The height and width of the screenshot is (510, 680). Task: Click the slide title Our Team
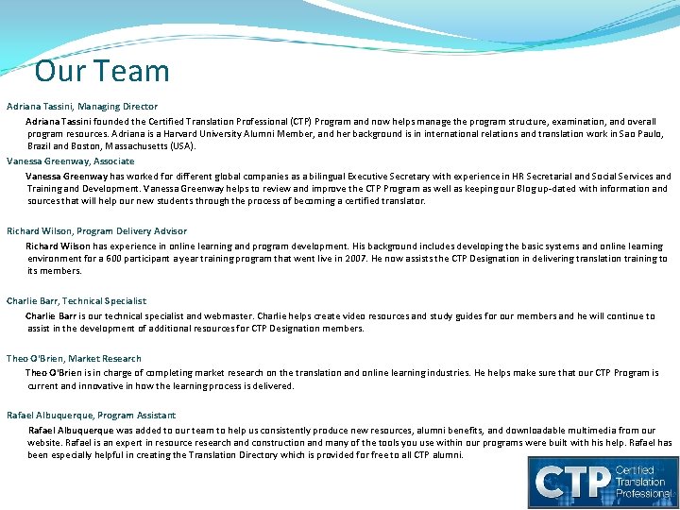coord(102,72)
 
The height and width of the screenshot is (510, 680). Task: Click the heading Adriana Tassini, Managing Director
coord(82,107)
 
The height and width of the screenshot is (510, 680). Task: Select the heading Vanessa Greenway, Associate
coord(71,161)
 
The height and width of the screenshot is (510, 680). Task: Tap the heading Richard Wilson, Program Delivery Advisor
coord(96,231)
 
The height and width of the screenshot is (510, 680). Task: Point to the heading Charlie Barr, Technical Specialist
coord(76,301)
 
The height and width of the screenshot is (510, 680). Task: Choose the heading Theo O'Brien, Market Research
coord(74,359)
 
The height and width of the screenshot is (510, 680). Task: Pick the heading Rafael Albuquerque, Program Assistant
coord(91,416)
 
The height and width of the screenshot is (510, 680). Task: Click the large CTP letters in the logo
coord(572,482)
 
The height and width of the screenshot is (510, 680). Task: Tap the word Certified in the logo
coord(636,469)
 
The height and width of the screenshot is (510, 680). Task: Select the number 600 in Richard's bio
coord(113,259)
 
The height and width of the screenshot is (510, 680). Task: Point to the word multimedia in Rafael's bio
coord(601,431)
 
